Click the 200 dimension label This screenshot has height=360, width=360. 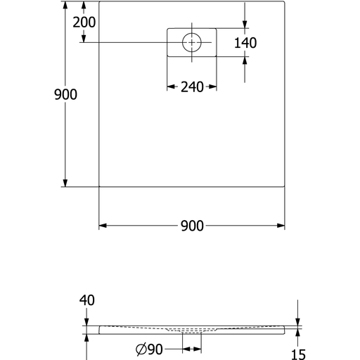coord(84,22)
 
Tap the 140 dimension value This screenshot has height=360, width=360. coord(245,43)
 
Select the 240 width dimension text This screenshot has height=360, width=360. coord(192,87)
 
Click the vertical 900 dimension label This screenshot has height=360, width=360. coord(65,94)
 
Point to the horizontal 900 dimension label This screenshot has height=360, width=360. coord(192,226)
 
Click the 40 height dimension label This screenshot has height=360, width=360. coord(87,300)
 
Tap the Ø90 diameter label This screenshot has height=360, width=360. coord(149,349)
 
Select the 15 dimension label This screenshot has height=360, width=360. coord(298,354)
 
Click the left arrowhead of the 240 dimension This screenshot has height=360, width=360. coord(171,87)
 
